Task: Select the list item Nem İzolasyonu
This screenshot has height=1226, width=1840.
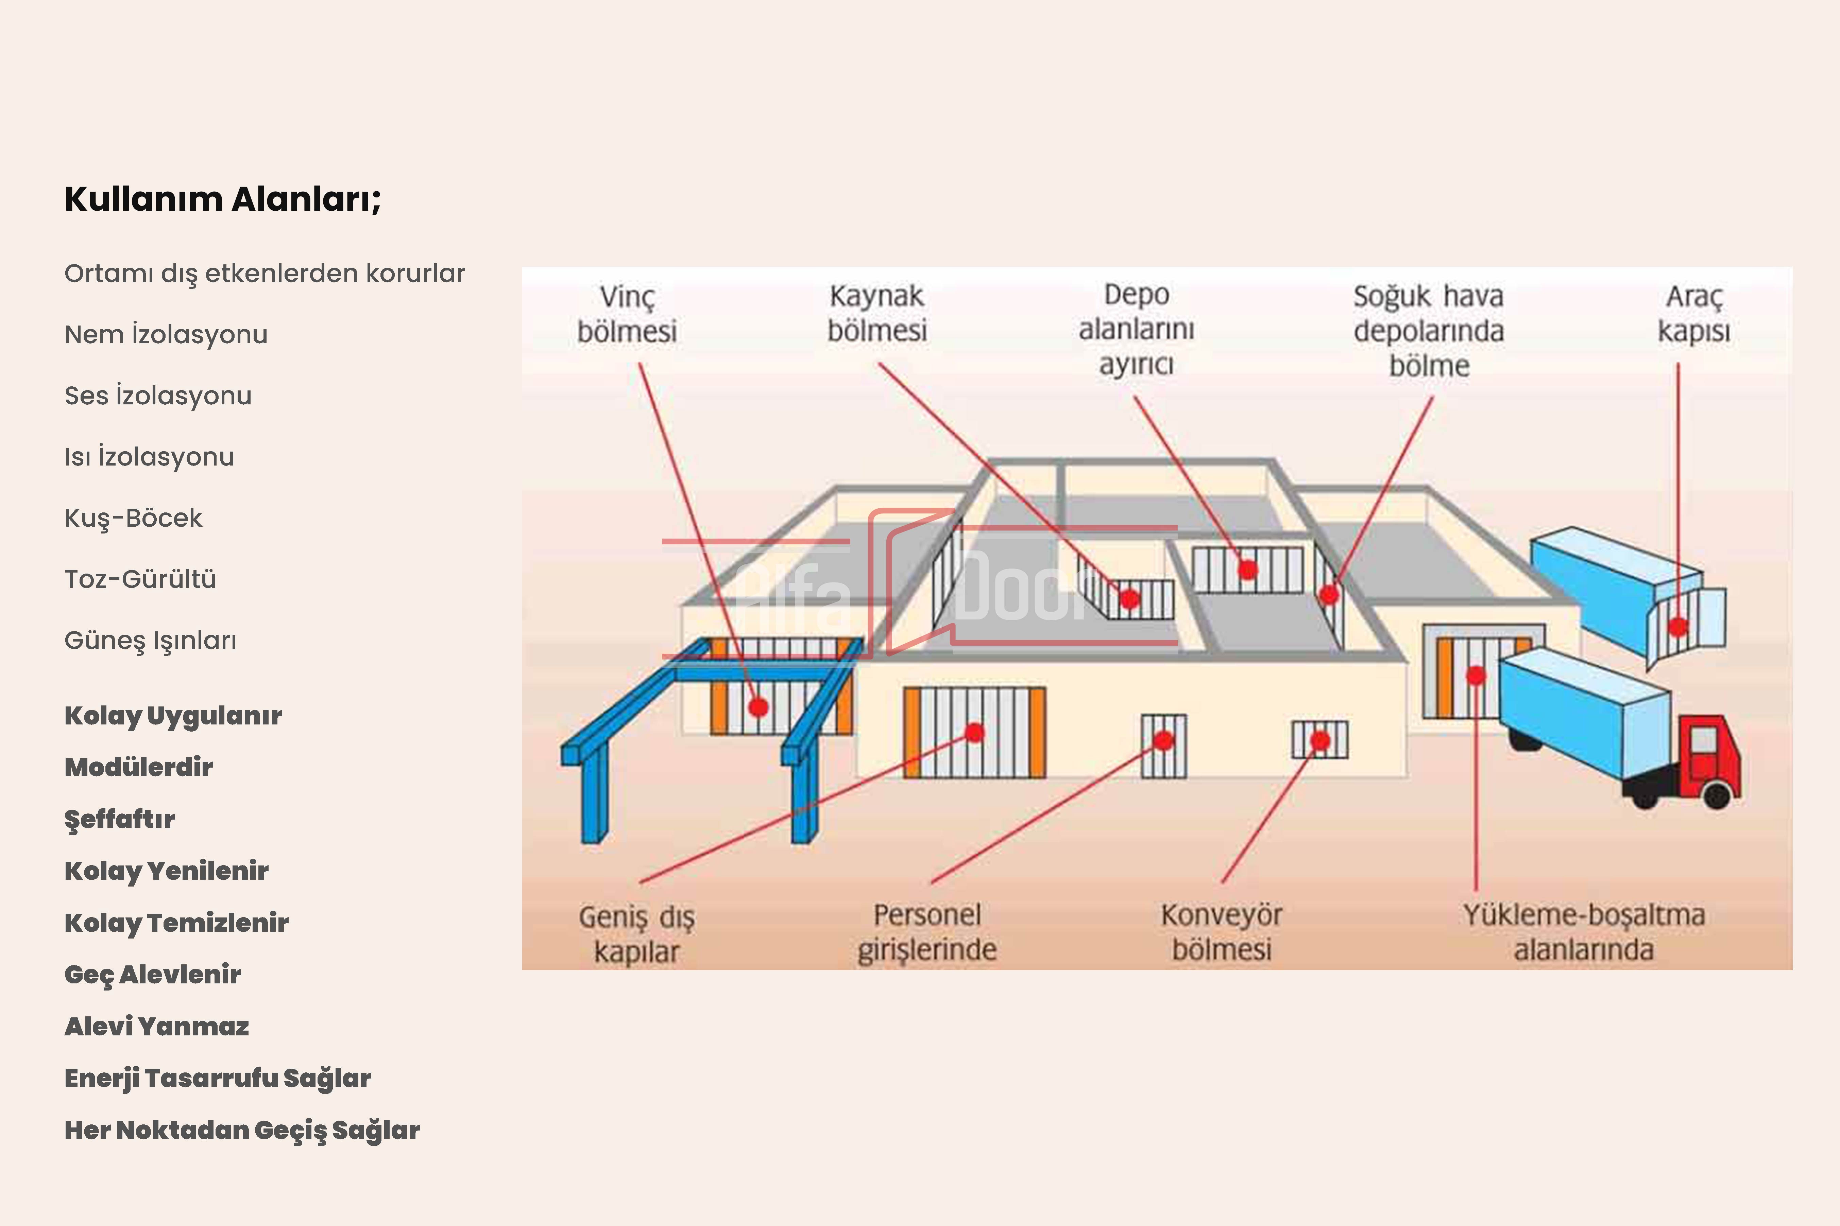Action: tap(166, 335)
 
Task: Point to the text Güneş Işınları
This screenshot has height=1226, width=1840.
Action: tap(150, 641)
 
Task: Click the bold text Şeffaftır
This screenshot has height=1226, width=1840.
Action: tap(120, 819)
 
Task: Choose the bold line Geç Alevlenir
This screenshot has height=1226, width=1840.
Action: tap(153, 974)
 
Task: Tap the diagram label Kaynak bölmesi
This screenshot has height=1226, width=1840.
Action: tap(877, 314)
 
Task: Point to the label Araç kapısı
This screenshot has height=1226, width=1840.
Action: tap(1694, 314)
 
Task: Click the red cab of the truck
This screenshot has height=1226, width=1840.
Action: tap(1713, 754)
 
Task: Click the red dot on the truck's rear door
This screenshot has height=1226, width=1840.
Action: tap(1678, 626)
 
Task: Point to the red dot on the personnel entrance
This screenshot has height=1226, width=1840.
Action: tap(1163, 740)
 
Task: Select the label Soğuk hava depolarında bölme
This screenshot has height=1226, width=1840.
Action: tap(1429, 331)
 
